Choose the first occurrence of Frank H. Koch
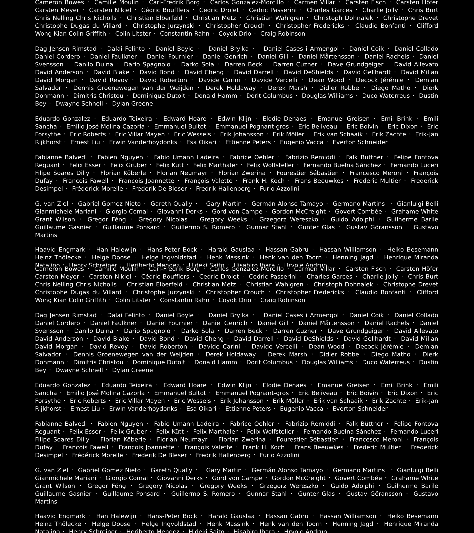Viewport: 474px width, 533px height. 263,181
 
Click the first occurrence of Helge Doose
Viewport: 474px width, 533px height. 111,257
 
